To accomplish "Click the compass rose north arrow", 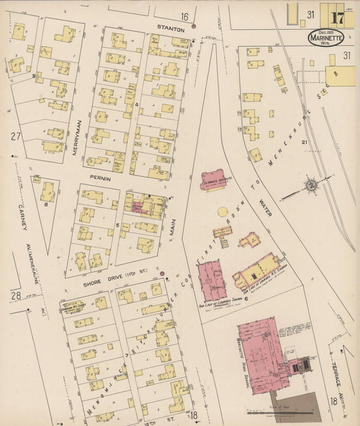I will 310,185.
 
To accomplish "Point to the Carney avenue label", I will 22,216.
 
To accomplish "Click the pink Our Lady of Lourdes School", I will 211,279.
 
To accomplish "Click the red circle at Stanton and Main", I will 194,26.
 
